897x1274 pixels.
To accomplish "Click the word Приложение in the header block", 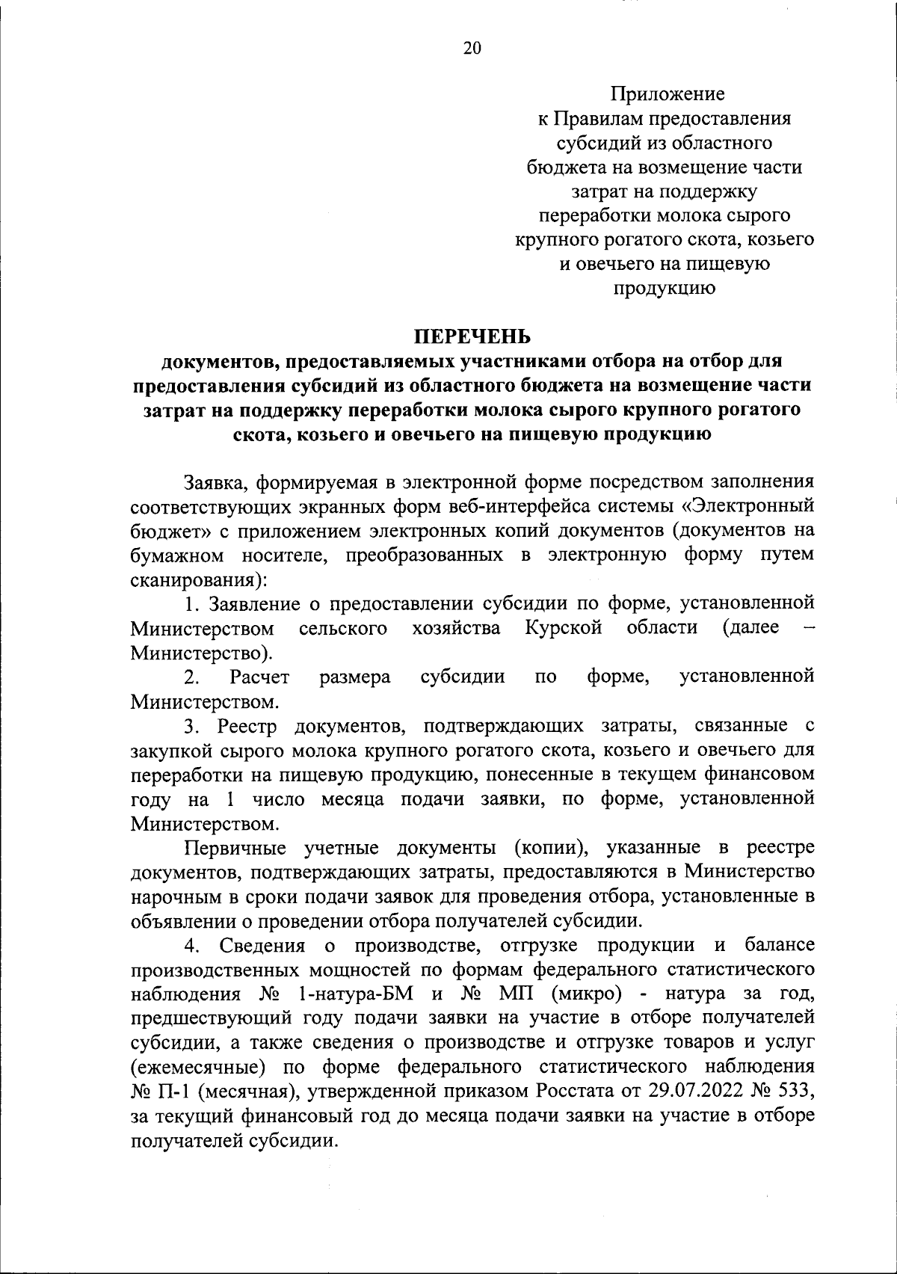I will coord(668,94).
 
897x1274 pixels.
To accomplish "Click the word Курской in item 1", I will coord(564,627).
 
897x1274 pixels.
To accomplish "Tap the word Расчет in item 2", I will coord(259,677).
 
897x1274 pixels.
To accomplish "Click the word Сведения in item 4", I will coord(262,946).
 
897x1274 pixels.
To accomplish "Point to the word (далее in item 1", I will coord(750,627).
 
